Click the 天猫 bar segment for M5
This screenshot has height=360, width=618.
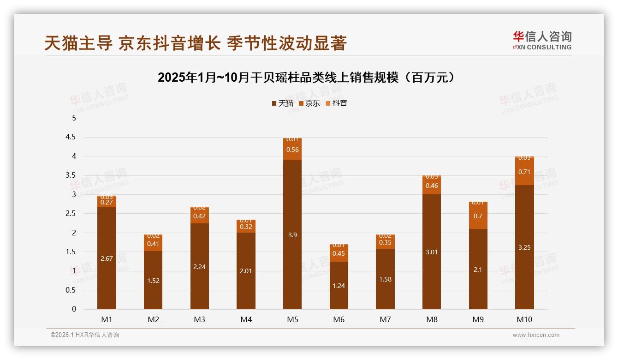pos(292,234)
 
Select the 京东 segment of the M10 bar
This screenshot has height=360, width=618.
pos(524,172)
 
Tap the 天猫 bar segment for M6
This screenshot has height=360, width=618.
pos(339,285)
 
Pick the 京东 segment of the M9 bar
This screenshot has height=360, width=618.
pos(478,216)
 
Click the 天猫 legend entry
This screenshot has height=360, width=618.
pos(283,103)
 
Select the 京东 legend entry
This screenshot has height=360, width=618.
pos(309,103)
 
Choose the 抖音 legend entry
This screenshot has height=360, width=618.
pos(337,103)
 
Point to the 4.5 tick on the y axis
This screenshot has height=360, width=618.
pos(71,137)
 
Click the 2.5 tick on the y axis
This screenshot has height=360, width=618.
pos(71,214)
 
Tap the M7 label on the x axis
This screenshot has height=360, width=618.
pos(385,319)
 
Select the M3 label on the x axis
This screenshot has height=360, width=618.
pos(199,319)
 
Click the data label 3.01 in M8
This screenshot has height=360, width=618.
pos(432,252)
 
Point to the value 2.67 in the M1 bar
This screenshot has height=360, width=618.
pos(107,258)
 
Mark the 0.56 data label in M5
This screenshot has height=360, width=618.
pos(292,150)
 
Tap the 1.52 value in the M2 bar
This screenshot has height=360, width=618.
pos(153,281)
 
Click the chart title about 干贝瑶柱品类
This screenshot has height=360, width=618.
pos(309,78)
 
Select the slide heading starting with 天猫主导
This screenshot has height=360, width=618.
pos(196,43)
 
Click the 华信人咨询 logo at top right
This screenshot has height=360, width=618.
pos(542,40)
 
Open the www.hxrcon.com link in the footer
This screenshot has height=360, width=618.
pos(536,335)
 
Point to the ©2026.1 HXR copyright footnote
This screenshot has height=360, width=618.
pos(85,335)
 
